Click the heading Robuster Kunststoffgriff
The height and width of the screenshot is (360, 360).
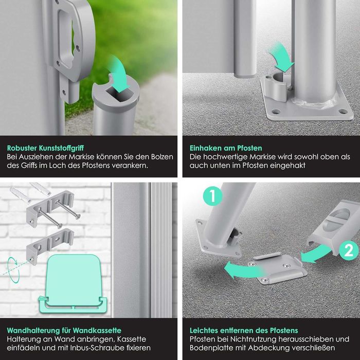pos(45,148)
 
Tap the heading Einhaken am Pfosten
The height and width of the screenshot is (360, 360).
pos(226,148)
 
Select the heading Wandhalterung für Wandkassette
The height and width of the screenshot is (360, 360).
pos(64,330)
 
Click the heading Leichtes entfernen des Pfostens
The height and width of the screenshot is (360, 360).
pos(244,330)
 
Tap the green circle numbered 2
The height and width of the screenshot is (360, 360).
pos(349,250)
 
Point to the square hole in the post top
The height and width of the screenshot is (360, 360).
pos(119,94)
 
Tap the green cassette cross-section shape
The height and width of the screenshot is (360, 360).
pos(73,283)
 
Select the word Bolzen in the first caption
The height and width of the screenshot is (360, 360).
pos(162,157)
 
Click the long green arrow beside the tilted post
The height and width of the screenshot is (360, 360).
pos(243,269)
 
